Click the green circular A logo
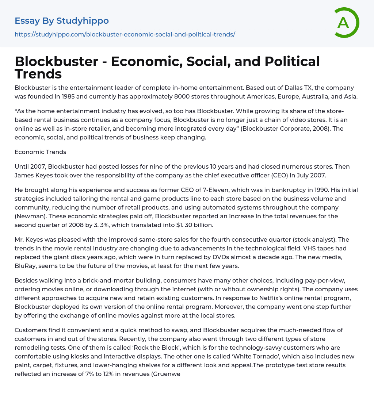346,23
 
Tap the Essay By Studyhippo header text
62,21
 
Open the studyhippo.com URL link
125,34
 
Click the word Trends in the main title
38,74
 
